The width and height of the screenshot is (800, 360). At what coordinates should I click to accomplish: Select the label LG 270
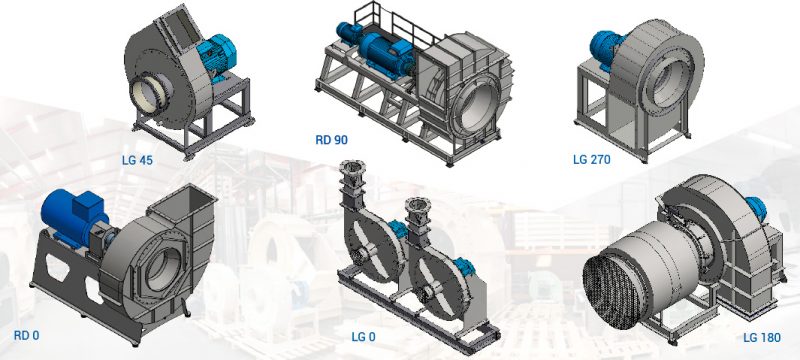pyautogui.click(x=592, y=157)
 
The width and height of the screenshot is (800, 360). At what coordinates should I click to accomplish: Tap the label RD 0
pyautogui.click(x=27, y=334)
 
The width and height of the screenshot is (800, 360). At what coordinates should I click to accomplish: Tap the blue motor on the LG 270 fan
pyautogui.click(x=606, y=44)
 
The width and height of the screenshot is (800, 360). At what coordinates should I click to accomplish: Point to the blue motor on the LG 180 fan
pyautogui.click(x=748, y=208)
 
